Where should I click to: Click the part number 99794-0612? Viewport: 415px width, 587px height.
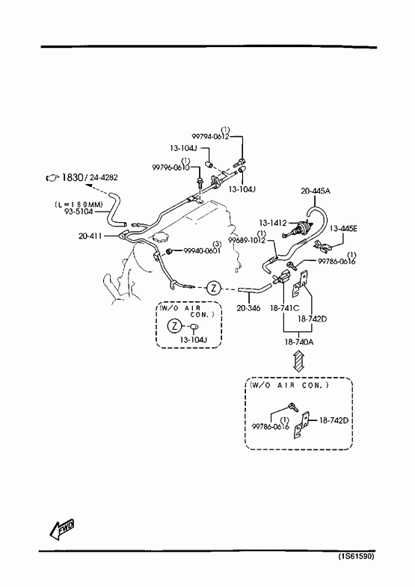(210, 137)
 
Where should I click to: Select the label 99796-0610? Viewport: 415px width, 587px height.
(170, 168)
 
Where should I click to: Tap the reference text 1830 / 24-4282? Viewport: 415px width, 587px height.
(90, 177)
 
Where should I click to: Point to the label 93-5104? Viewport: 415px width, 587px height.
(78, 212)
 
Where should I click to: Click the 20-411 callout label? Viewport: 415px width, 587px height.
(90, 236)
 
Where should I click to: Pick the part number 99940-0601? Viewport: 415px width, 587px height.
(202, 251)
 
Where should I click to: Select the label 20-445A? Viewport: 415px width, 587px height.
(316, 191)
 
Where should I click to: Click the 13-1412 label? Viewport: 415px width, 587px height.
(272, 223)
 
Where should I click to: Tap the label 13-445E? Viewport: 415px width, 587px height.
(343, 228)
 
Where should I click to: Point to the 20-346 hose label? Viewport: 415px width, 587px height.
(248, 309)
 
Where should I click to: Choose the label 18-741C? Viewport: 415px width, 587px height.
(285, 308)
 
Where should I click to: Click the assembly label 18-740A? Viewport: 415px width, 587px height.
(298, 342)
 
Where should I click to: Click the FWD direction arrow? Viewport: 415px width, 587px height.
(62, 529)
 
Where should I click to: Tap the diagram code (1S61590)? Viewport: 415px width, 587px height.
(356, 556)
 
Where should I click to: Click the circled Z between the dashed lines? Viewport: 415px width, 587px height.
(214, 288)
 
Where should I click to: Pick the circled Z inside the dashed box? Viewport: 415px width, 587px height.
(174, 326)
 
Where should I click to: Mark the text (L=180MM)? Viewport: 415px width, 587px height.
(79, 204)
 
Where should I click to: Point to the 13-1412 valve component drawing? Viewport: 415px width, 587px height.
(298, 229)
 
